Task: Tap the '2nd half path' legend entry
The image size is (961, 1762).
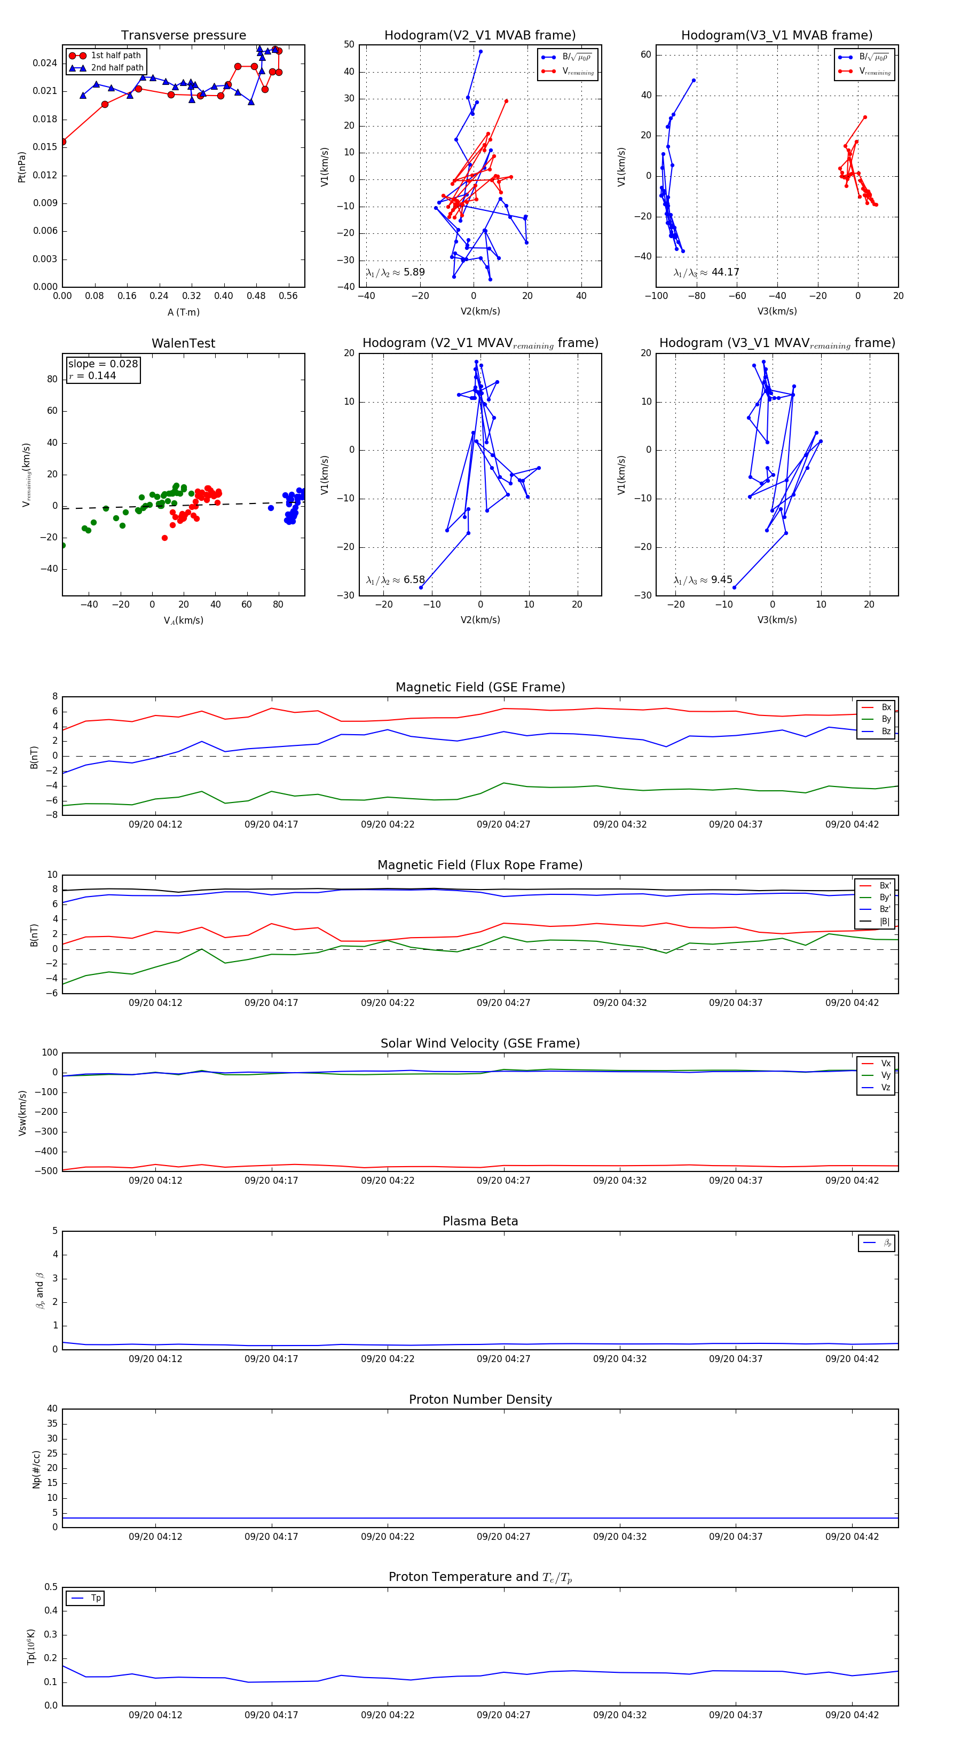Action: click(117, 68)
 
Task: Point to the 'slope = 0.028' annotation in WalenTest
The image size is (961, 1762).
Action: click(103, 364)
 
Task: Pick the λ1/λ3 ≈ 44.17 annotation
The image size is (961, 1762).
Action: click(706, 272)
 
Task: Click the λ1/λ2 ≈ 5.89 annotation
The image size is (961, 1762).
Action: click(395, 272)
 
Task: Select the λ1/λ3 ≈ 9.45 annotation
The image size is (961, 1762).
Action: click(703, 580)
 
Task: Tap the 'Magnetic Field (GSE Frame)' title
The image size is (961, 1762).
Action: click(480, 687)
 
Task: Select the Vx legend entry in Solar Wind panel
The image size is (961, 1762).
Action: click(886, 1064)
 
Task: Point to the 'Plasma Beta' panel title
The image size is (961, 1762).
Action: click(480, 1222)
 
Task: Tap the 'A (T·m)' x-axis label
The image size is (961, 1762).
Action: click(183, 312)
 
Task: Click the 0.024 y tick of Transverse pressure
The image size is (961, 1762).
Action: click(45, 63)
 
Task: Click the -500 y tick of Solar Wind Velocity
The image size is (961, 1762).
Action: click(46, 1171)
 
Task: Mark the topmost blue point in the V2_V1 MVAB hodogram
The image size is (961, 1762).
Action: click(480, 51)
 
